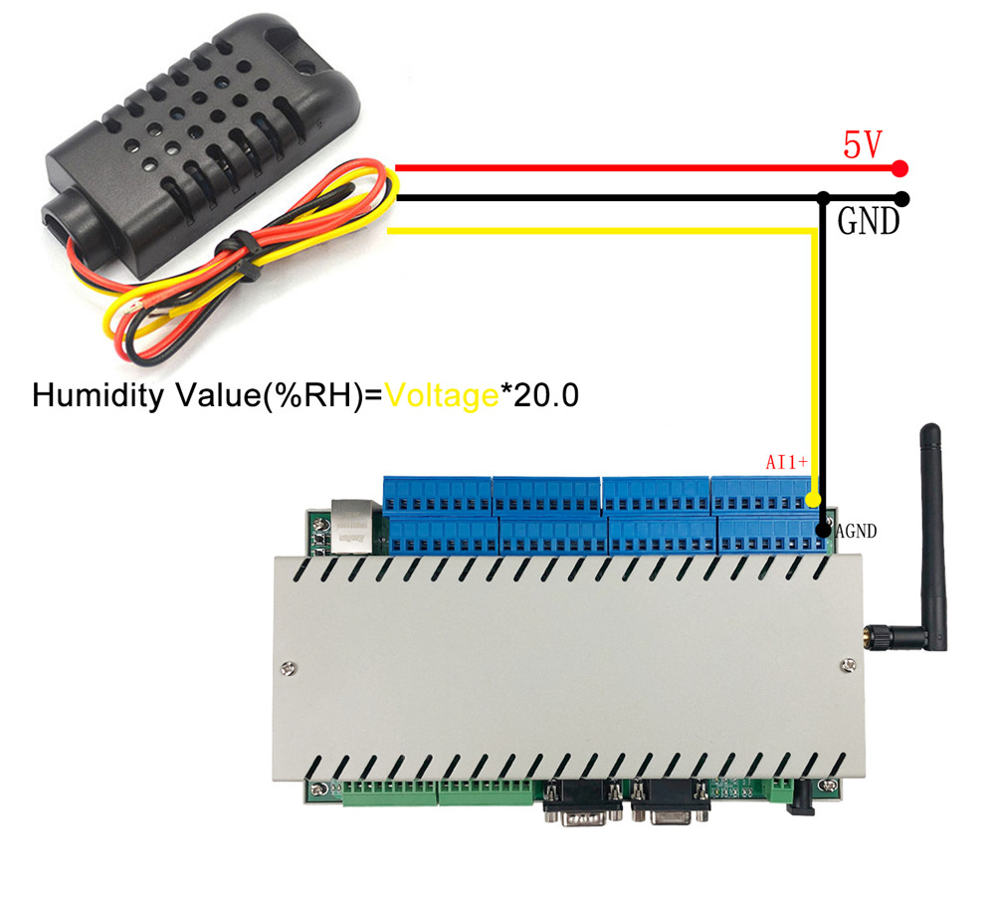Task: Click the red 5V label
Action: point(863,144)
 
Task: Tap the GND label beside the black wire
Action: point(868,221)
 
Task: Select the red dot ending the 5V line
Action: point(900,168)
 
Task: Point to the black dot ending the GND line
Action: point(901,198)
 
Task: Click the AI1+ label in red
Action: point(787,462)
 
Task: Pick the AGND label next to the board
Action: point(856,532)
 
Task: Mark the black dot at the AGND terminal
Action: point(823,531)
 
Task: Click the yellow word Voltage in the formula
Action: point(443,395)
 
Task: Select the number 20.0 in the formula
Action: point(544,395)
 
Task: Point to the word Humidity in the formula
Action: point(95,395)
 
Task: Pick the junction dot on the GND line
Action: point(824,198)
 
